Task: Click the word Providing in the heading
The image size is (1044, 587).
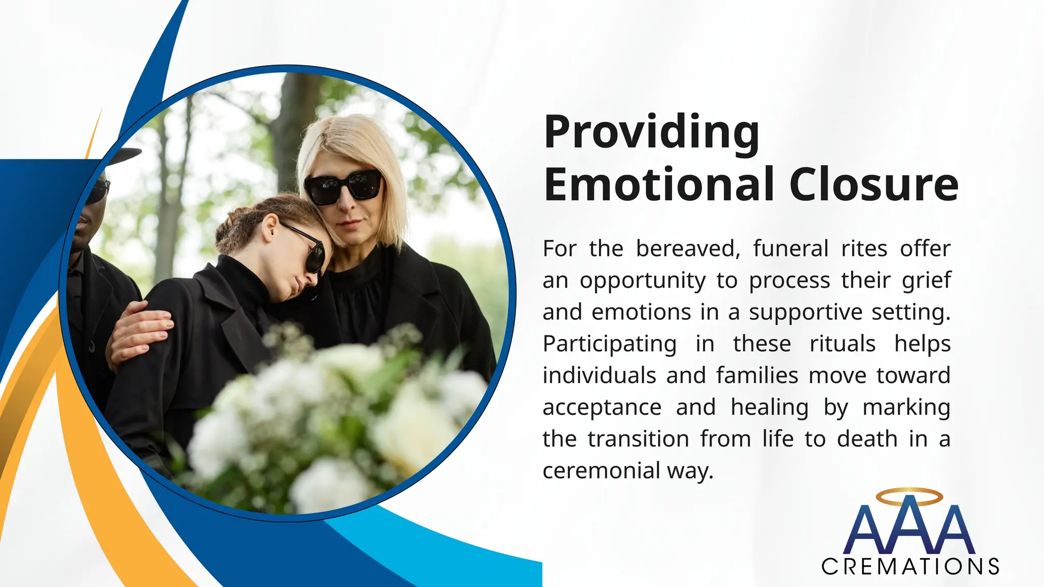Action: pos(651,132)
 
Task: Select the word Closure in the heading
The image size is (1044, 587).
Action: pos(874,184)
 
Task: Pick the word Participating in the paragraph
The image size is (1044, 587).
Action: pos(610,344)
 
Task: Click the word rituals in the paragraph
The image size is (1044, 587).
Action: pos(842,344)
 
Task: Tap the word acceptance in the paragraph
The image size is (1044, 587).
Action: pos(602,408)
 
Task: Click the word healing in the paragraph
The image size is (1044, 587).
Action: pos(769,408)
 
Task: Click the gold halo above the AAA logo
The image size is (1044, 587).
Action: pos(909,497)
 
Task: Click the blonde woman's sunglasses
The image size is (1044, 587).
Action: pos(344,186)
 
